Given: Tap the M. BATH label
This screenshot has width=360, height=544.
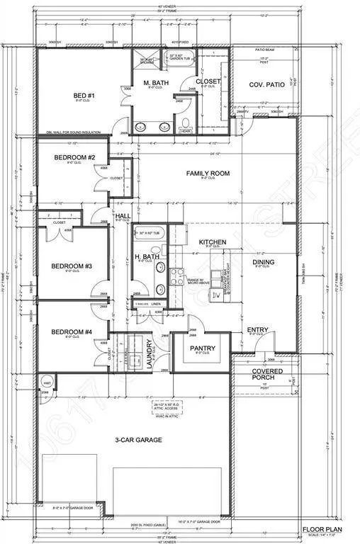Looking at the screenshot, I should [154, 84].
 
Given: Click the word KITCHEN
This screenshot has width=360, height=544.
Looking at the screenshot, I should [212, 242].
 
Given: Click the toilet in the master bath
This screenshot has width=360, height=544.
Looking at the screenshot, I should [186, 129].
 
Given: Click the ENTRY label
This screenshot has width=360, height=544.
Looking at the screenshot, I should [256, 330].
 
